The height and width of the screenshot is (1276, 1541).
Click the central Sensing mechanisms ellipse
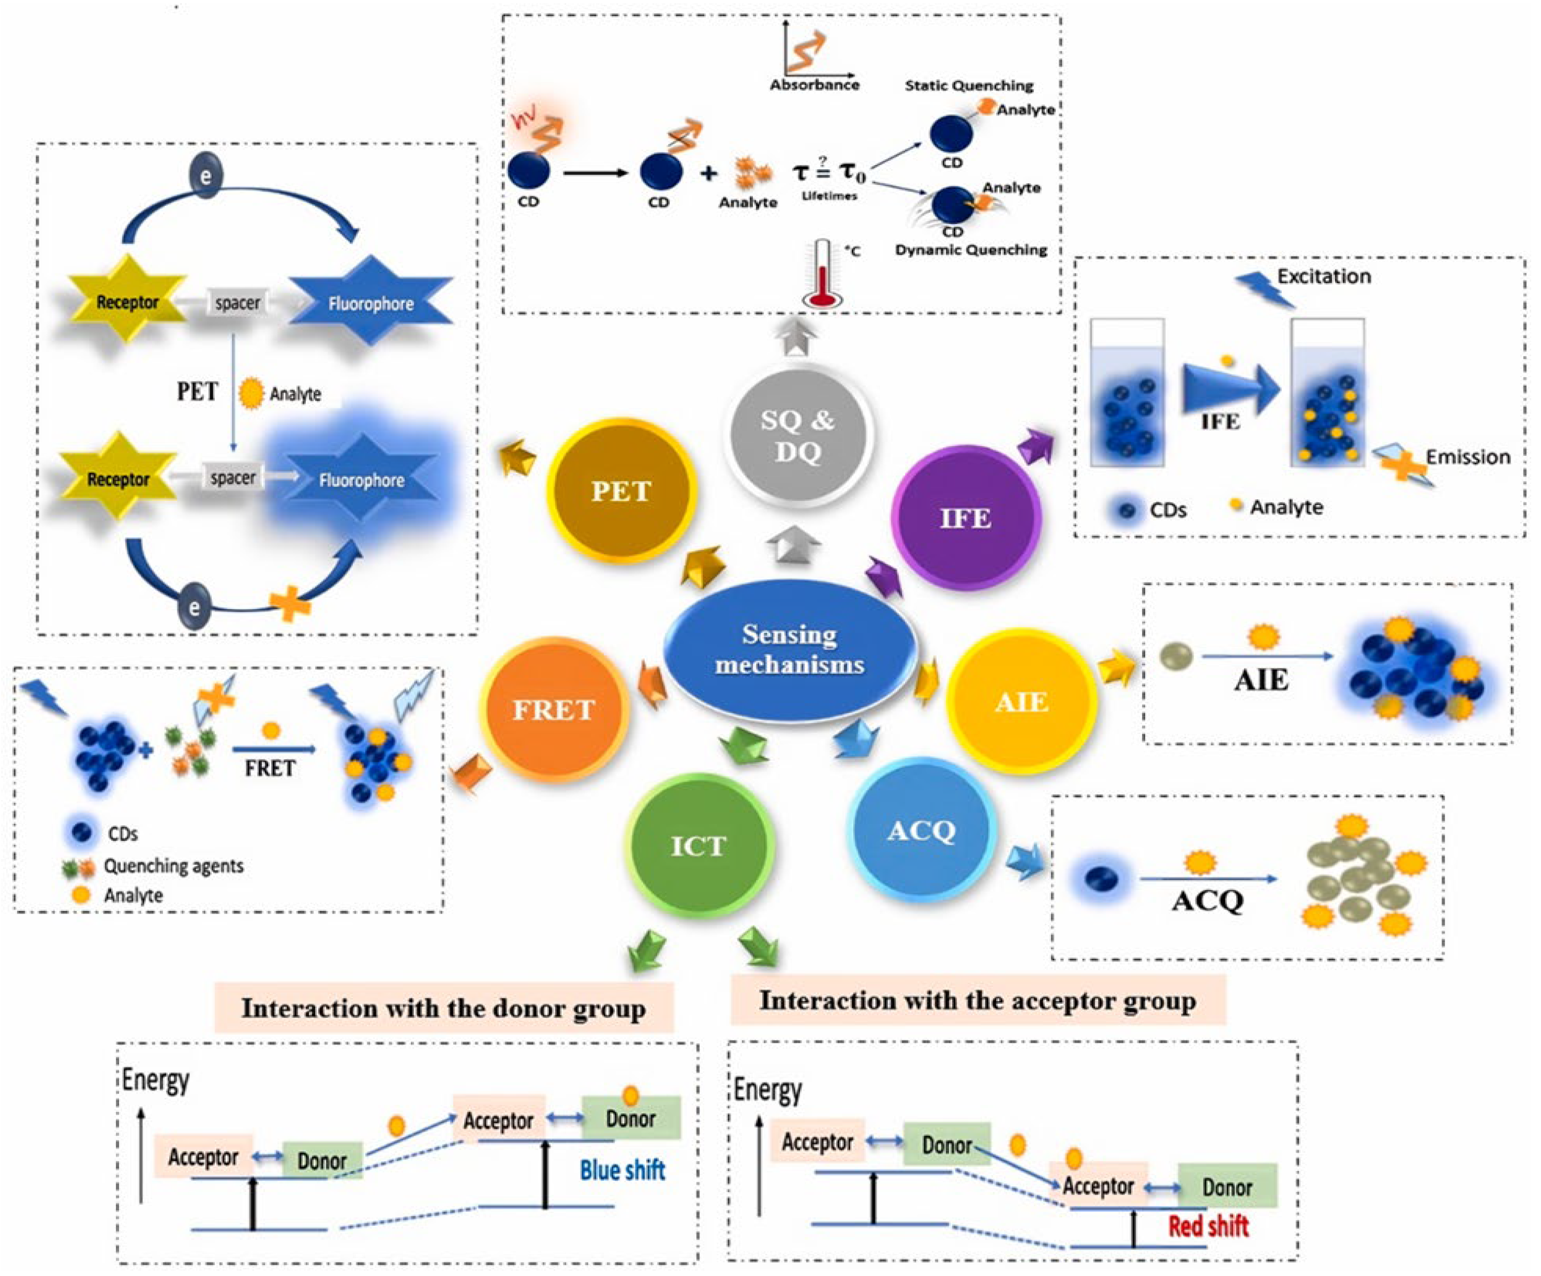pyautogui.click(x=790, y=650)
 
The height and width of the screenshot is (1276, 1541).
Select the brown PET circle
pyautogui.click(x=621, y=490)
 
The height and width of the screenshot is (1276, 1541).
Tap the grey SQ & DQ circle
pyautogui.click(x=797, y=435)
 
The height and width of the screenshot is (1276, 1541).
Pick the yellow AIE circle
pyautogui.click(x=1021, y=702)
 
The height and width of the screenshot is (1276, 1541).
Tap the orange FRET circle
pyautogui.click(x=554, y=709)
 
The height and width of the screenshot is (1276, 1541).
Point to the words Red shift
pyautogui.click(x=1208, y=1226)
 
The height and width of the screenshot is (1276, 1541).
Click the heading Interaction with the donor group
pyautogui.click(x=443, y=1008)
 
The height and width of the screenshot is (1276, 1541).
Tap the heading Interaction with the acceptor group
pyautogui.click(x=977, y=1000)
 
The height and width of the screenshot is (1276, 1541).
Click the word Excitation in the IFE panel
pyautogui.click(x=1324, y=277)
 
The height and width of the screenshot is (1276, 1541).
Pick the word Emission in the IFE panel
pyautogui.click(x=1468, y=457)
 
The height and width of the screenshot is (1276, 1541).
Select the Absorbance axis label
pyautogui.click(x=814, y=85)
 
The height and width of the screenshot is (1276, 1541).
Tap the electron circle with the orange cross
pyautogui.click(x=195, y=607)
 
